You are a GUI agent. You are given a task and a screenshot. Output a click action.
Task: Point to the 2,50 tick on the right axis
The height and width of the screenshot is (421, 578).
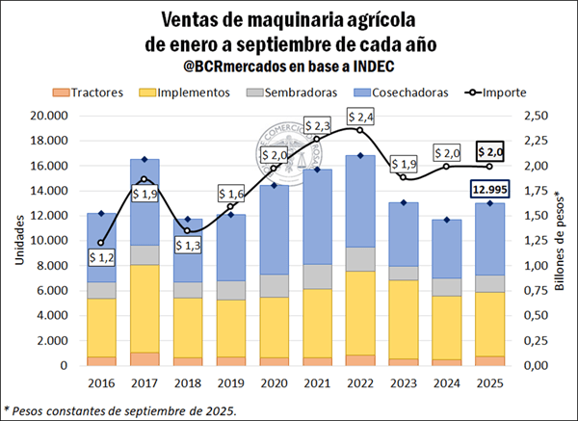coord(537,116)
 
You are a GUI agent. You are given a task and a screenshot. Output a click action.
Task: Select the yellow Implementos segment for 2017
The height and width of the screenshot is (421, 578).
coord(144,308)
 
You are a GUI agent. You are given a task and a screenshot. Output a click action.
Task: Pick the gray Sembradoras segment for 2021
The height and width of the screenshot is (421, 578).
coord(317,276)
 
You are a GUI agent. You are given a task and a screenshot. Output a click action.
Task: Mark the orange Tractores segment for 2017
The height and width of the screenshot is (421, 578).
coord(144,358)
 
